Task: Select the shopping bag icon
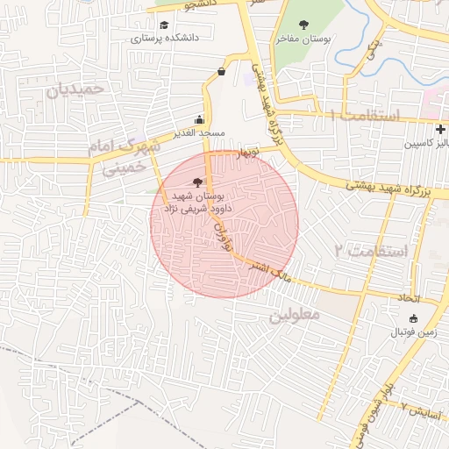[220, 72]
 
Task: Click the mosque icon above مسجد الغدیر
[200, 119]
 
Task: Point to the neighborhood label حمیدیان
[75, 89]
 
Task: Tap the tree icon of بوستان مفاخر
[304, 25]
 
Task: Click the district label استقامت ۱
[364, 116]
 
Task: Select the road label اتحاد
[409, 298]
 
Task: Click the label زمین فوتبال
[413, 333]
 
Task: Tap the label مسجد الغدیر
[200, 132]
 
